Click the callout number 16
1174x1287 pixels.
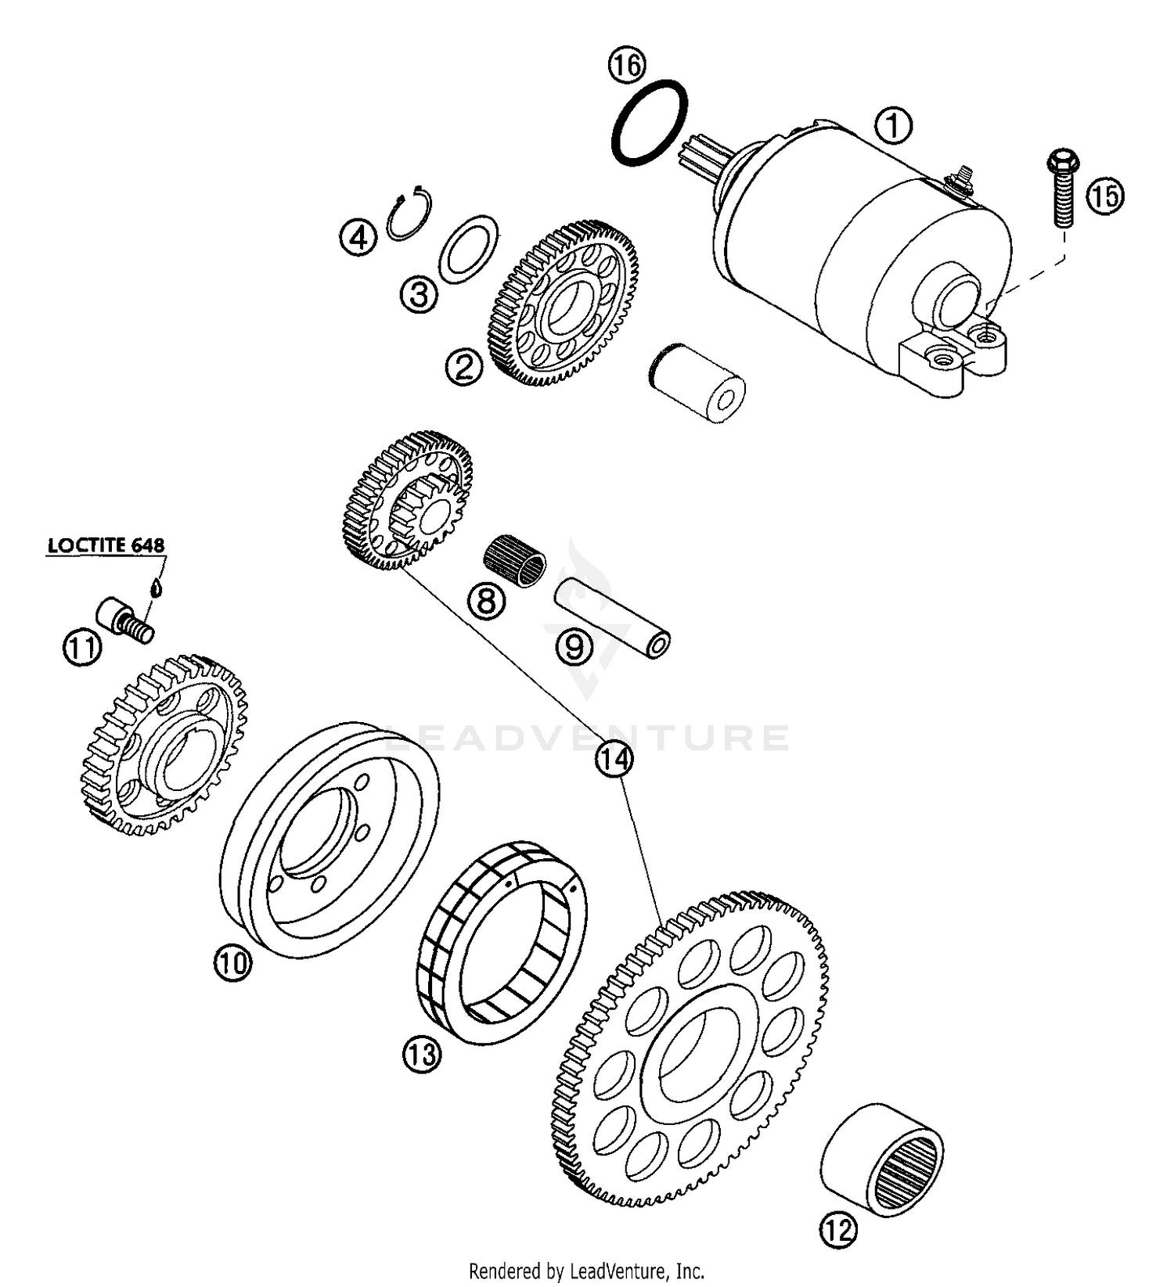point(627,65)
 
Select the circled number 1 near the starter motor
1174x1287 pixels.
point(893,125)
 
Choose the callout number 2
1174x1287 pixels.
point(463,367)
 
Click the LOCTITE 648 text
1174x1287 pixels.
point(106,545)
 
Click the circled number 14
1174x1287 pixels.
point(614,757)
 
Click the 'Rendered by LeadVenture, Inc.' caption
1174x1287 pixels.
point(586,1271)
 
